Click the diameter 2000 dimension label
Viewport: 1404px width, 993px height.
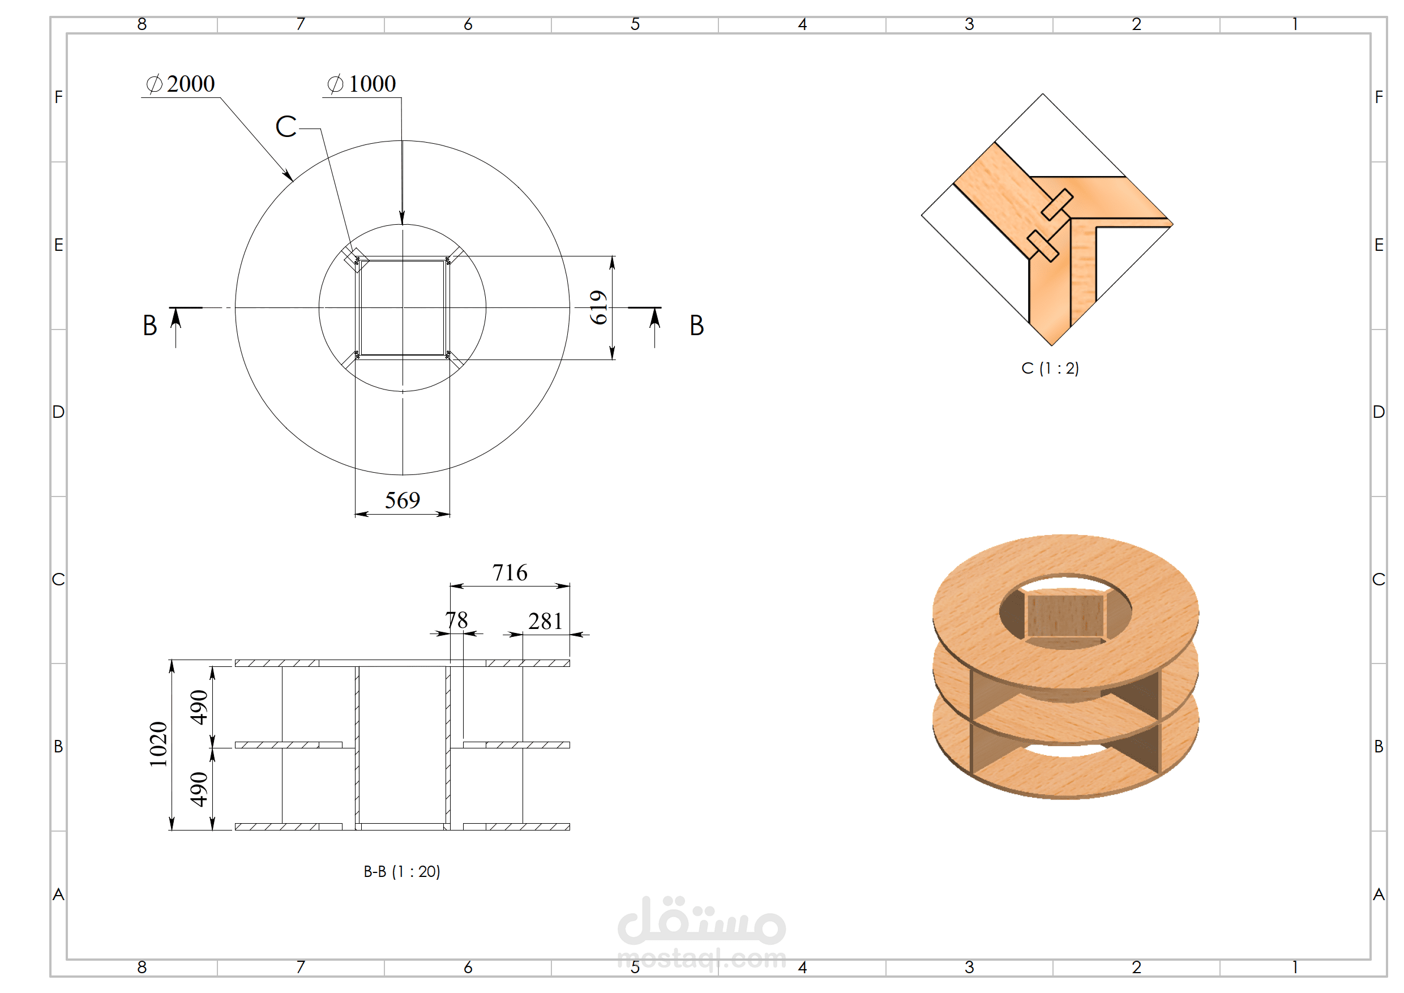181,84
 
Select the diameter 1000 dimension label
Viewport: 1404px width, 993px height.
361,84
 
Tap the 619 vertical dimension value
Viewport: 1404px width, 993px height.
598,307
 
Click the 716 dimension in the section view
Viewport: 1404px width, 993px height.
510,572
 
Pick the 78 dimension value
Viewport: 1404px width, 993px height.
457,620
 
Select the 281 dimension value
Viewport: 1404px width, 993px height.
545,621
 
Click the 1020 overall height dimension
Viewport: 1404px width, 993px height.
159,744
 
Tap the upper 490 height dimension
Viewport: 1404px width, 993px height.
199,708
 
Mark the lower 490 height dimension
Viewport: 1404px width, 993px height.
199,789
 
